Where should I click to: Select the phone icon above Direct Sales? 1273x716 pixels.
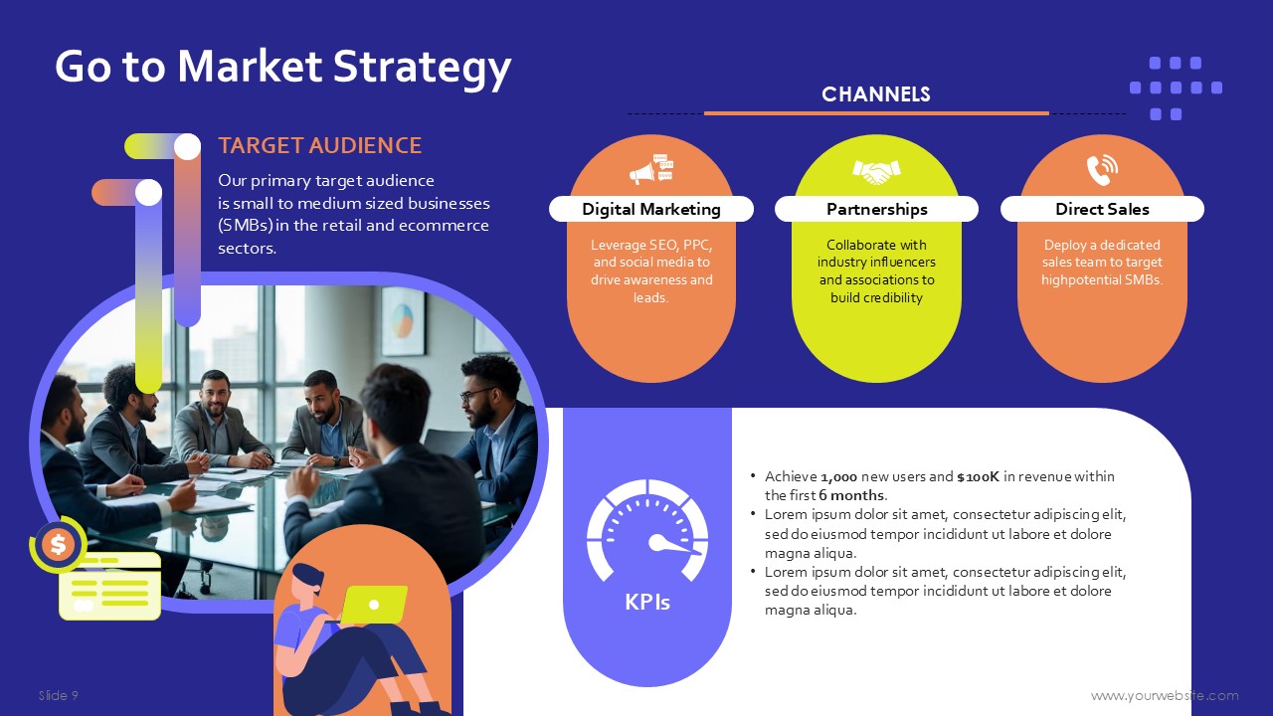(x=1102, y=169)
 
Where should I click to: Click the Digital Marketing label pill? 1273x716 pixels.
(x=651, y=209)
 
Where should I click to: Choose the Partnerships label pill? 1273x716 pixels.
(x=876, y=209)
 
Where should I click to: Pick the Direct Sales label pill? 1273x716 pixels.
(x=1102, y=209)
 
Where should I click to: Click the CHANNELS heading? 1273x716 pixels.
(x=876, y=94)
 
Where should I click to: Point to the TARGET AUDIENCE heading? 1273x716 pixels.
(x=320, y=145)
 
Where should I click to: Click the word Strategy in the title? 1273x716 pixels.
(x=423, y=67)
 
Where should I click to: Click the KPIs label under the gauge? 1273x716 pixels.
(x=647, y=602)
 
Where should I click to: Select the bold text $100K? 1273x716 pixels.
(x=978, y=476)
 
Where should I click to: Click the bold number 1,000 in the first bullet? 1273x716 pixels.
(x=838, y=476)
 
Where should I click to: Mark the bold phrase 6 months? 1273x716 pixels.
(x=851, y=495)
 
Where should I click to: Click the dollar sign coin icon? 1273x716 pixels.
(x=58, y=544)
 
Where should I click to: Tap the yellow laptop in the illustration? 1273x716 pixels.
(x=374, y=604)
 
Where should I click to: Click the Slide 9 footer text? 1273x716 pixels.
(x=59, y=695)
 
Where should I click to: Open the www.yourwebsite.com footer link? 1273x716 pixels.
(x=1165, y=695)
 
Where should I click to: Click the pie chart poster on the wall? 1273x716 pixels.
(x=403, y=320)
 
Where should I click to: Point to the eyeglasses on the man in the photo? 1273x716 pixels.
(x=476, y=394)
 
